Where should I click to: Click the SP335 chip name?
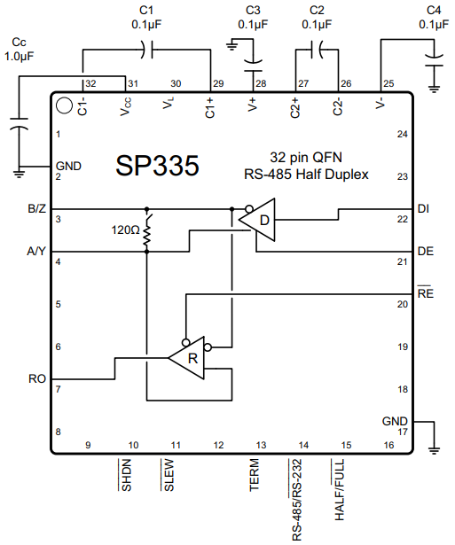point(157,167)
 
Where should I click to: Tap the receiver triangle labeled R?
point(189,357)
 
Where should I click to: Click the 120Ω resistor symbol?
point(147,232)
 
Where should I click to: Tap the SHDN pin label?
point(126,475)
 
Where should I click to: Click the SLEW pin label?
point(168,474)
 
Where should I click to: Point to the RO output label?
point(37,378)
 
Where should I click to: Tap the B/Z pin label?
point(37,209)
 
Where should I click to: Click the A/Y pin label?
point(37,252)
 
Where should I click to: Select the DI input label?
point(423,209)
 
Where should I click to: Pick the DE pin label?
point(425,252)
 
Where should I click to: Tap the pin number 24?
point(402,135)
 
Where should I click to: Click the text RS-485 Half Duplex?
point(306,175)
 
